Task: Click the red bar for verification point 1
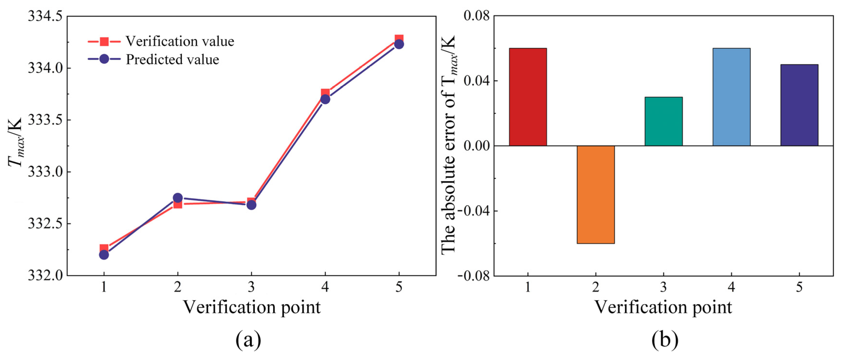[x=528, y=97]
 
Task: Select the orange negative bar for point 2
[x=596, y=194]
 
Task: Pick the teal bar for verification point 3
[x=663, y=121]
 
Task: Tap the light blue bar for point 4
[x=731, y=97]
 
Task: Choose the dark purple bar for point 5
[x=799, y=105]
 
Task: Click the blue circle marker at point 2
[x=178, y=198]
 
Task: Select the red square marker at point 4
[x=325, y=93]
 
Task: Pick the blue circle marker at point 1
[x=104, y=254]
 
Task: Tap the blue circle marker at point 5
[x=399, y=44]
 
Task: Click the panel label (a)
[x=248, y=340]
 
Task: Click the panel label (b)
[x=664, y=340]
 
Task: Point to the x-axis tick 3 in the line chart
[x=251, y=287]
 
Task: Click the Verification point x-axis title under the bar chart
[x=663, y=307]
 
